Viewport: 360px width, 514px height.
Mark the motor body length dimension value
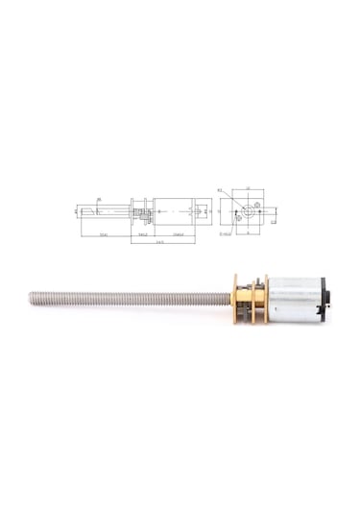[x=174, y=233]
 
